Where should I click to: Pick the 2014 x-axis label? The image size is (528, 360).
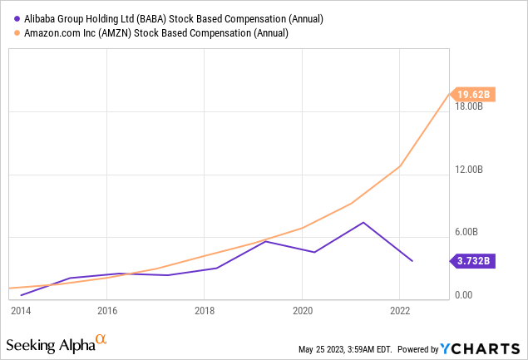pyautogui.click(x=21, y=311)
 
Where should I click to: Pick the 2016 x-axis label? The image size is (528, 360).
pyautogui.click(x=107, y=311)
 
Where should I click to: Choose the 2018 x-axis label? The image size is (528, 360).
pyautogui.click(x=205, y=311)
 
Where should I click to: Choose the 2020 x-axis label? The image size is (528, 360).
pyautogui.click(x=302, y=311)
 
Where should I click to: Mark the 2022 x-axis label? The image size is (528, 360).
pyautogui.click(x=400, y=311)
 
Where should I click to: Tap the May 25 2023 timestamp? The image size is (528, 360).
pyautogui.click(x=345, y=350)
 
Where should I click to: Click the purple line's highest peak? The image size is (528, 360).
pyautogui.click(x=363, y=222)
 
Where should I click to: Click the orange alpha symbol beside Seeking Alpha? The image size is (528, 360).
pyautogui.click(x=101, y=339)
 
